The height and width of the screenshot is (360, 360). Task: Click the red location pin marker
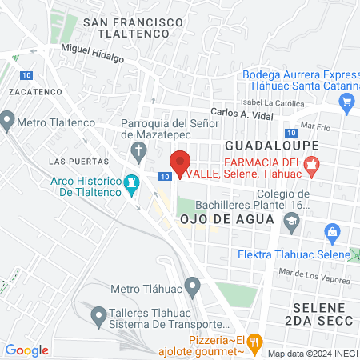181,163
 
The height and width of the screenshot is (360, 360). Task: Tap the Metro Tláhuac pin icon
192,285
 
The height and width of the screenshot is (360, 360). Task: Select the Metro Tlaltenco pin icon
8,122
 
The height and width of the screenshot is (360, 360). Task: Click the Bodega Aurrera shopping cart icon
346,102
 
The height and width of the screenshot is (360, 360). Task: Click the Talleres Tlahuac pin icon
98,318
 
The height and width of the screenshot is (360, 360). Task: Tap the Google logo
26,350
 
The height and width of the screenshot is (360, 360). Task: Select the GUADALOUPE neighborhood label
272,146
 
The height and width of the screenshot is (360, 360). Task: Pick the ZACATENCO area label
30,92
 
